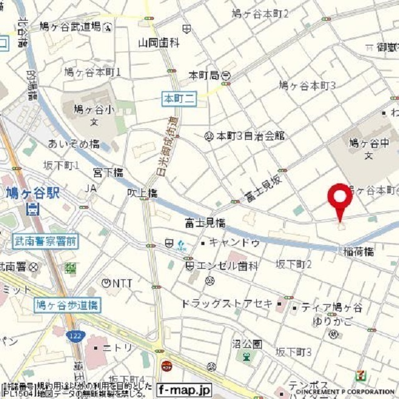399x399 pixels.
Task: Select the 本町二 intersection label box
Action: tap(180, 98)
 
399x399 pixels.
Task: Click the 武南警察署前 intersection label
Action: tap(45, 239)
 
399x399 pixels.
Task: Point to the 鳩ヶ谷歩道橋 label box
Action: tap(66, 305)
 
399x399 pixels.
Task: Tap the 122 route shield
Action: tap(76, 335)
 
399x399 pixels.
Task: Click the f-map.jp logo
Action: tap(184, 390)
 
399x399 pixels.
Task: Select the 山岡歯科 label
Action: tap(158, 43)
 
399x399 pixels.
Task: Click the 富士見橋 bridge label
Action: tap(205, 222)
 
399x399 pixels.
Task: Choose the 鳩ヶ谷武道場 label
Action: tap(78, 26)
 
